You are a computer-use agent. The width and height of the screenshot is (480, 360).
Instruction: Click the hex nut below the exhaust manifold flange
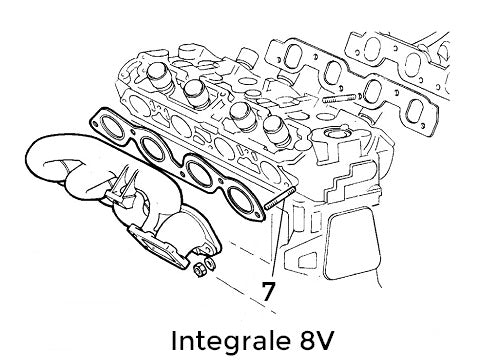click(x=198, y=268)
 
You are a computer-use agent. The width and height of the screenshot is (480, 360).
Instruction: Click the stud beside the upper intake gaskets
click(x=341, y=98)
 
